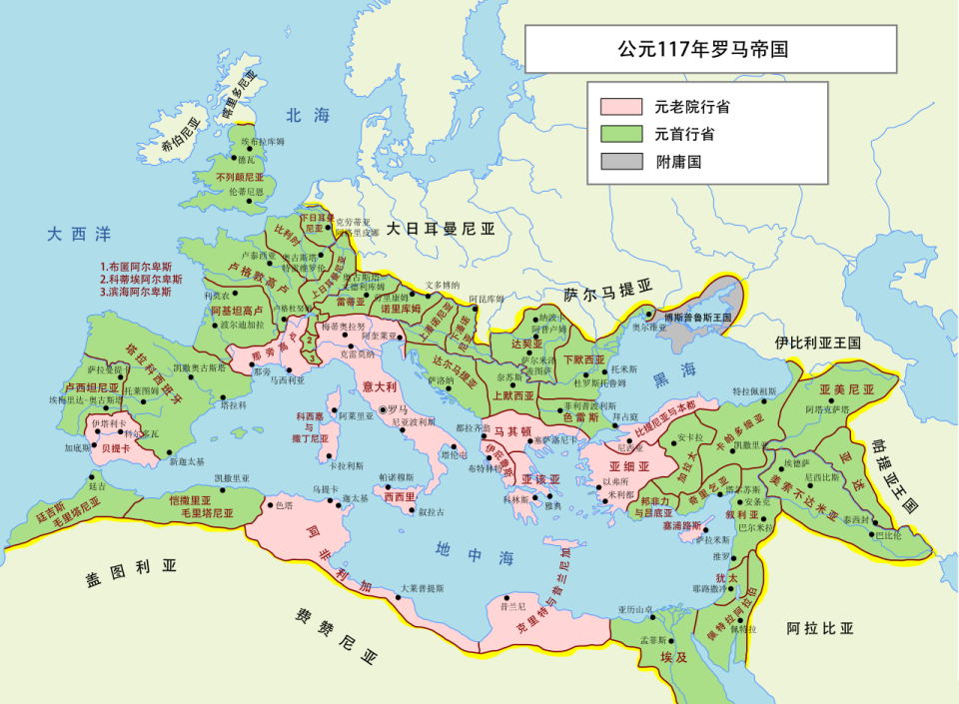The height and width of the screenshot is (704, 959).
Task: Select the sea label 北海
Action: tap(307, 116)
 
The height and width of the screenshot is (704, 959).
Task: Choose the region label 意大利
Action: tap(381, 385)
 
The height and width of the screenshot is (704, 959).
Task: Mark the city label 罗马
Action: tap(398, 409)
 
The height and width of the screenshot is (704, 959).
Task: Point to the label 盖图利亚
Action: tap(131, 567)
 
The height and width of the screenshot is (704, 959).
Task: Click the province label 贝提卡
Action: tap(117, 448)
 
